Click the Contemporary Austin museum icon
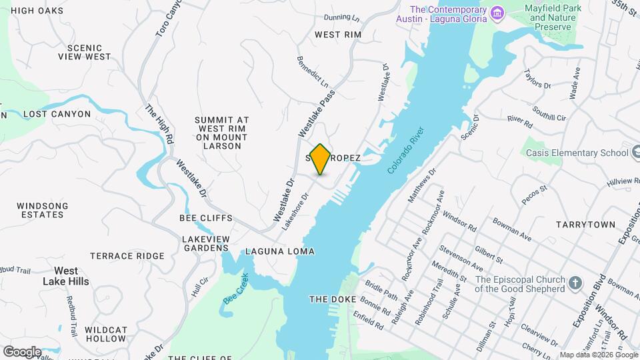tap(497, 13)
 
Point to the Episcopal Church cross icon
tap(576, 284)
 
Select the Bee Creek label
tap(236, 289)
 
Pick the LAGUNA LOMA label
tap(279, 252)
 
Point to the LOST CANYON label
tap(57, 114)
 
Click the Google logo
tap(21, 351)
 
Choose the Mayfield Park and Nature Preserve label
tap(553, 17)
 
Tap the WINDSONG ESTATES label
tap(42, 210)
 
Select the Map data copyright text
tap(599, 355)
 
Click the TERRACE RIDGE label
tap(127, 256)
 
